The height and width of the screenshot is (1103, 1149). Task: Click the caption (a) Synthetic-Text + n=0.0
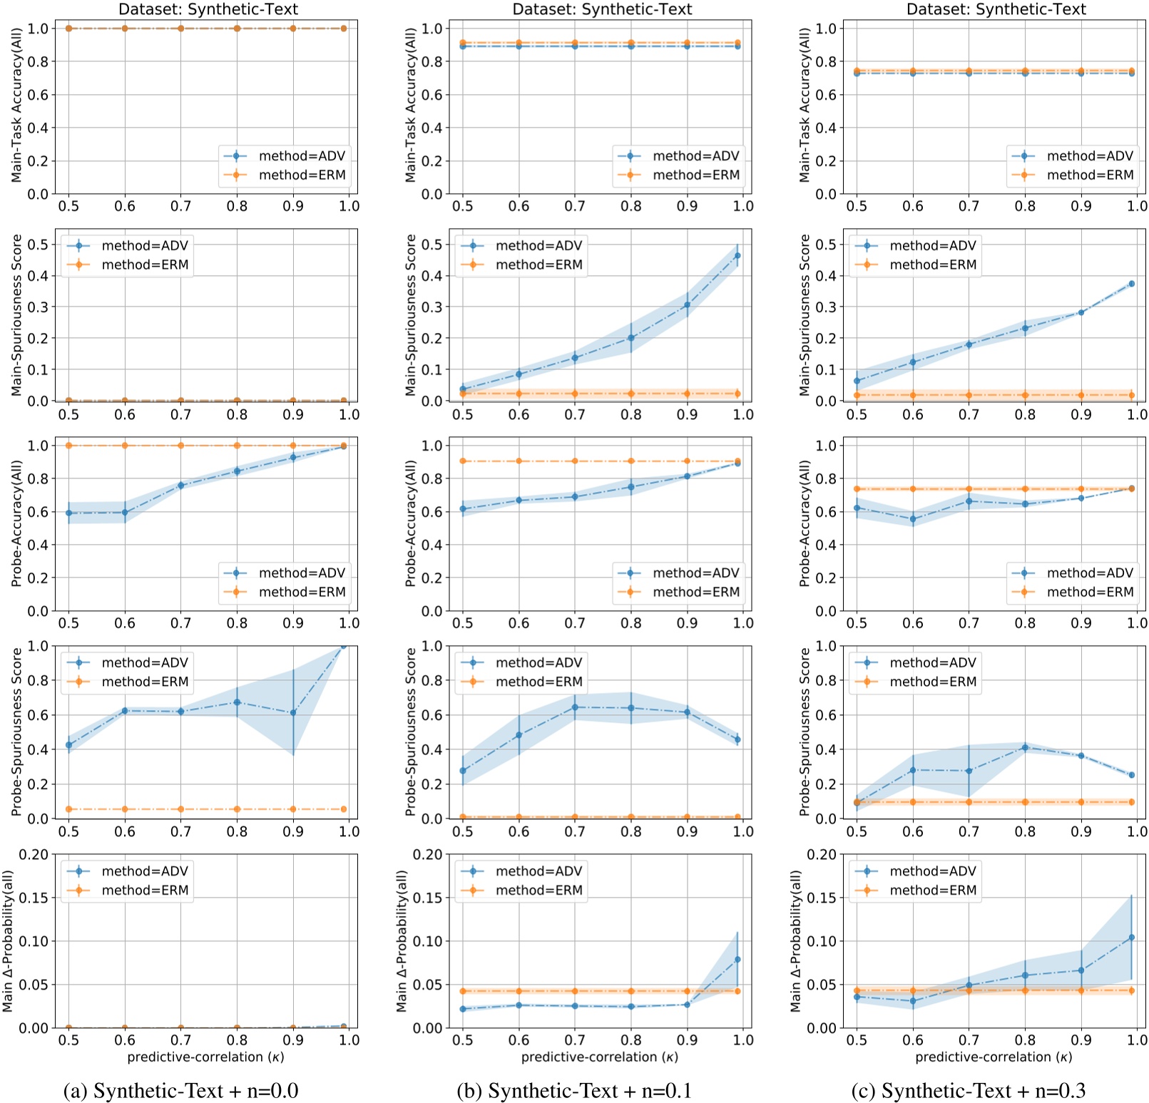tap(180, 1090)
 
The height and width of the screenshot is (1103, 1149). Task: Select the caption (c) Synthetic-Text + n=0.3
tap(968, 1090)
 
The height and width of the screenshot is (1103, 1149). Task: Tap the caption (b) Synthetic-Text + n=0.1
tap(574, 1090)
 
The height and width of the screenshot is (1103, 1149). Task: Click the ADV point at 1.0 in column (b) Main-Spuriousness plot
tap(737, 255)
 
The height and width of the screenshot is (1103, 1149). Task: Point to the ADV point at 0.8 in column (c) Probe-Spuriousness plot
tap(1025, 748)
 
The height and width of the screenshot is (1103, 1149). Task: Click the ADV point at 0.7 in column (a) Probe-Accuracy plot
tap(180, 486)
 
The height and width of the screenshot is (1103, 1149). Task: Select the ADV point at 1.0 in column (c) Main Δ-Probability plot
tap(1131, 938)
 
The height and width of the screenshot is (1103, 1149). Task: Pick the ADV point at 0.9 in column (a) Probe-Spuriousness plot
tap(292, 712)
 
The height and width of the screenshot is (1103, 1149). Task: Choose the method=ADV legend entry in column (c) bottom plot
tap(932, 871)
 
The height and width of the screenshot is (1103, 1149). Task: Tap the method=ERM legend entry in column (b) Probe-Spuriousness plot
tap(538, 682)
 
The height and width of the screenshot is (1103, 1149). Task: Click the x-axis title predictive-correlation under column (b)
tap(599, 1057)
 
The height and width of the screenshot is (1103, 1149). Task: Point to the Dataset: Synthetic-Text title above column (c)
tap(996, 9)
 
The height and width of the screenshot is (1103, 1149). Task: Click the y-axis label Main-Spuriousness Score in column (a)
tap(16, 315)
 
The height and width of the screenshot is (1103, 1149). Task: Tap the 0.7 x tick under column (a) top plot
tap(180, 206)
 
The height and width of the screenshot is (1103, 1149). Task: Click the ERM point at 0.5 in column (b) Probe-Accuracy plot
tap(463, 461)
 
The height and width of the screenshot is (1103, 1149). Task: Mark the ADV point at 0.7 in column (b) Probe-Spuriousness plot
tap(575, 707)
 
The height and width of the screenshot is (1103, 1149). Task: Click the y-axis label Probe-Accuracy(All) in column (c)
tap(805, 524)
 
